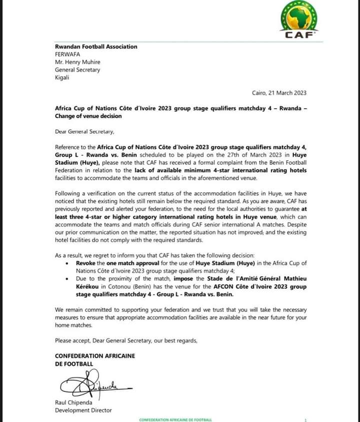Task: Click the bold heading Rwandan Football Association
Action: pyautogui.click(x=96, y=47)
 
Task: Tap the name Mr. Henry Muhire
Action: pyautogui.click(x=80, y=62)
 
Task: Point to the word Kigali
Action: pyautogui.click(x=62, y=78)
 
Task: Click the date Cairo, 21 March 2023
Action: pyautogui.click(x=279, y=93)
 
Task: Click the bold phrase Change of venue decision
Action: pyautogui.click(x=88, y=116)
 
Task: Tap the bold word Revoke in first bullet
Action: pyautogui.click(x=86, y=262)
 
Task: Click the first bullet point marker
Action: pyautogui.click(x=67, y=263)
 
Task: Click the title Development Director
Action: pyautogui.click(x=83, y=410)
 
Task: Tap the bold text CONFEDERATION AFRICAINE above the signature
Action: pyautogui.click(x=95, y=356)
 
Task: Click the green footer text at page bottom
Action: pyautogui.click(x=175, y=419)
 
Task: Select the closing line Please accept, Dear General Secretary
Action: pyautogui.click(x=126, y=340)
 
